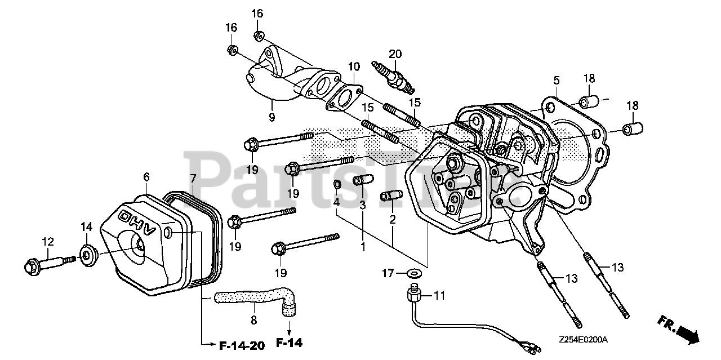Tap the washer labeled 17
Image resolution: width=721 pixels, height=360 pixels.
coord(416,274)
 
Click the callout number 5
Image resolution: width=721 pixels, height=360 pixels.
coord(556,80)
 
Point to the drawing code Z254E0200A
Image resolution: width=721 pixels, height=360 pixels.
coord(583,340)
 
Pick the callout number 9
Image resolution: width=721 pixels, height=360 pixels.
coord(272,118)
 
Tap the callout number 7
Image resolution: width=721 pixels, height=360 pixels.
coord(193,179)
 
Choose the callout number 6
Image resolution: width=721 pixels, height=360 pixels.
coord(146,177)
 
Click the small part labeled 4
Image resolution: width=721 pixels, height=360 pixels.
coord(336,185)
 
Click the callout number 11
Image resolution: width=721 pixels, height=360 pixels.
coord(439,295)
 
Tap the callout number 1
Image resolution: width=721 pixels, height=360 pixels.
coord(363,247)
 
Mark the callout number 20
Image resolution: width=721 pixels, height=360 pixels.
coord(395,54)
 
